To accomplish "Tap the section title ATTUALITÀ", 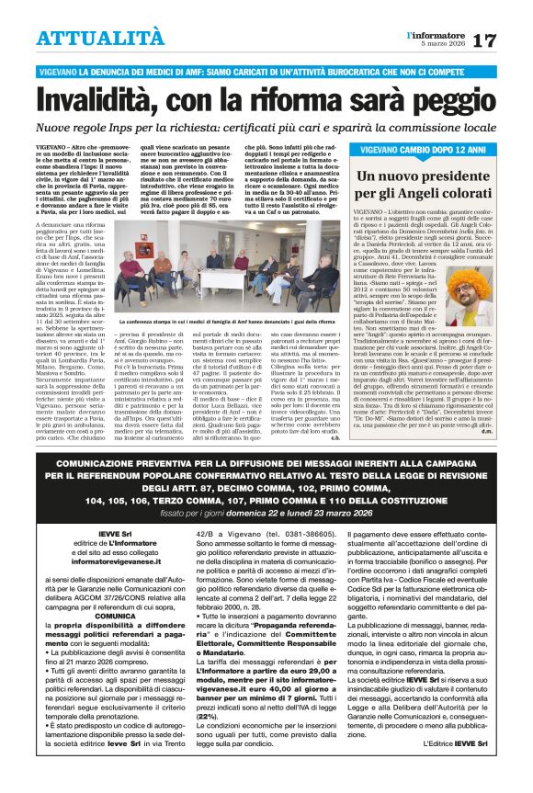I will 88,38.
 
